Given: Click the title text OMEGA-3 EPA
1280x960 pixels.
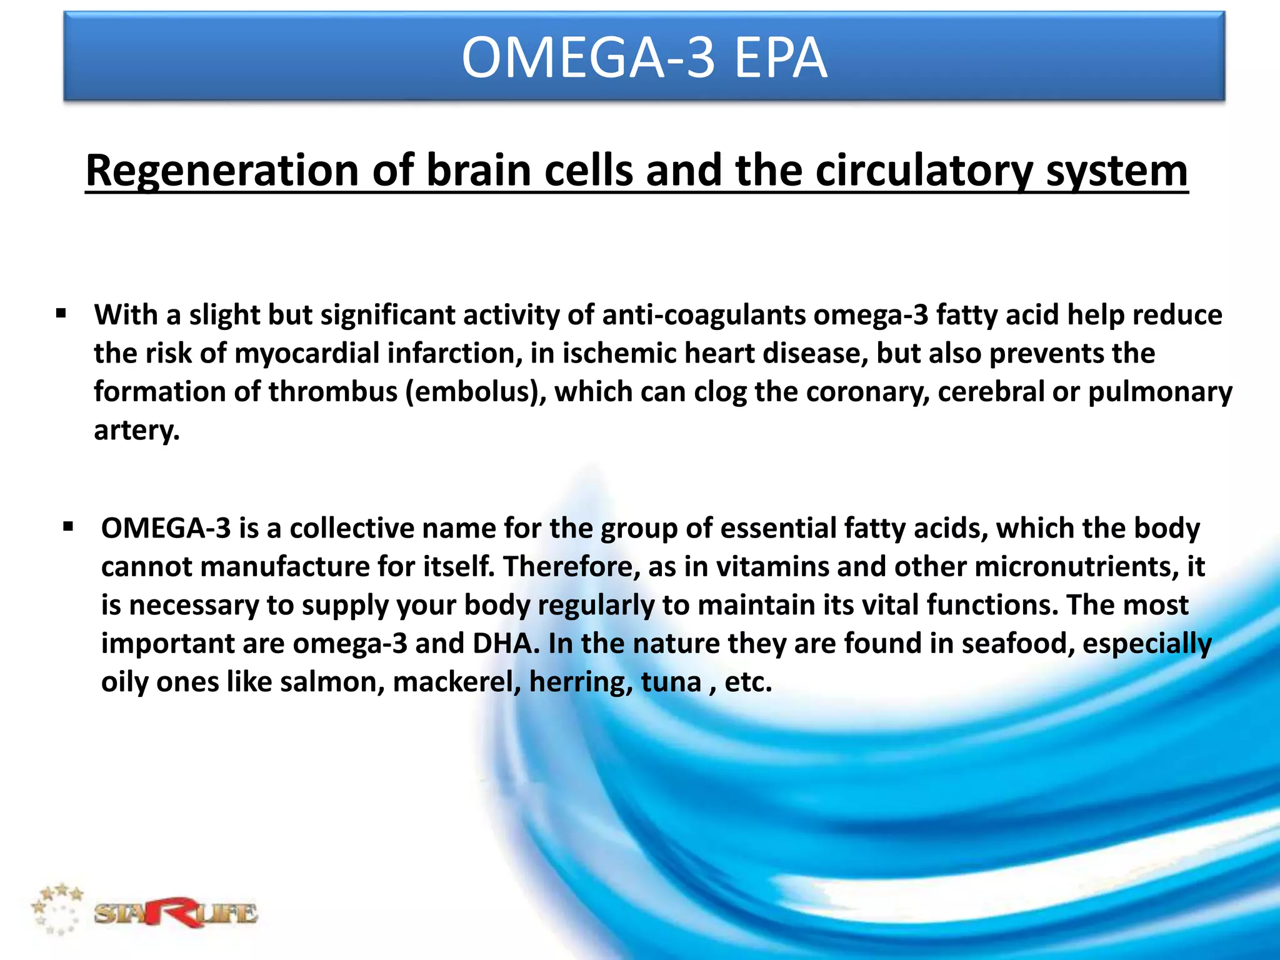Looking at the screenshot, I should click(644, 57).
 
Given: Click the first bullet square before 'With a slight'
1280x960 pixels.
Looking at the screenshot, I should click(61, 313).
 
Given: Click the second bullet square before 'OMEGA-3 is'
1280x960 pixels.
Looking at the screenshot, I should click(68, 527).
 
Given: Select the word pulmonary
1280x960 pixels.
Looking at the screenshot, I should click(1160, 392).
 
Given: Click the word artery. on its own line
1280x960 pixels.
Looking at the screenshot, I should click(136, 430).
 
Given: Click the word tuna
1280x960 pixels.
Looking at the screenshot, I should click(671, 681).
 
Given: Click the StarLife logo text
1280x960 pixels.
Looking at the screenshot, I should click(175, 914).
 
